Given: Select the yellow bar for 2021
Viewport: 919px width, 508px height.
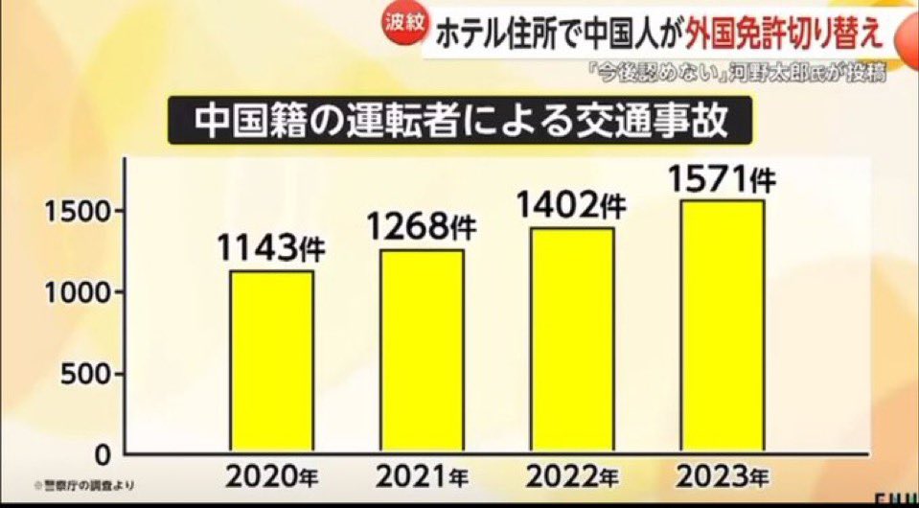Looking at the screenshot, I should coord(424,350).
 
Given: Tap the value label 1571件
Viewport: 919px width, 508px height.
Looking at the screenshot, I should coord(724,179).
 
